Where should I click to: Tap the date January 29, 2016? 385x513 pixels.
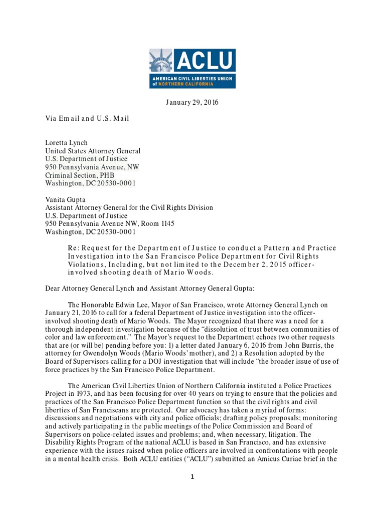pos(192,103)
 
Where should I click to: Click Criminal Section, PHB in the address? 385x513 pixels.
pos(80,175)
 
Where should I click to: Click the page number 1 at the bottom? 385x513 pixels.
pos(192,477)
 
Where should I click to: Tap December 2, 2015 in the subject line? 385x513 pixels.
pos(253,265)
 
